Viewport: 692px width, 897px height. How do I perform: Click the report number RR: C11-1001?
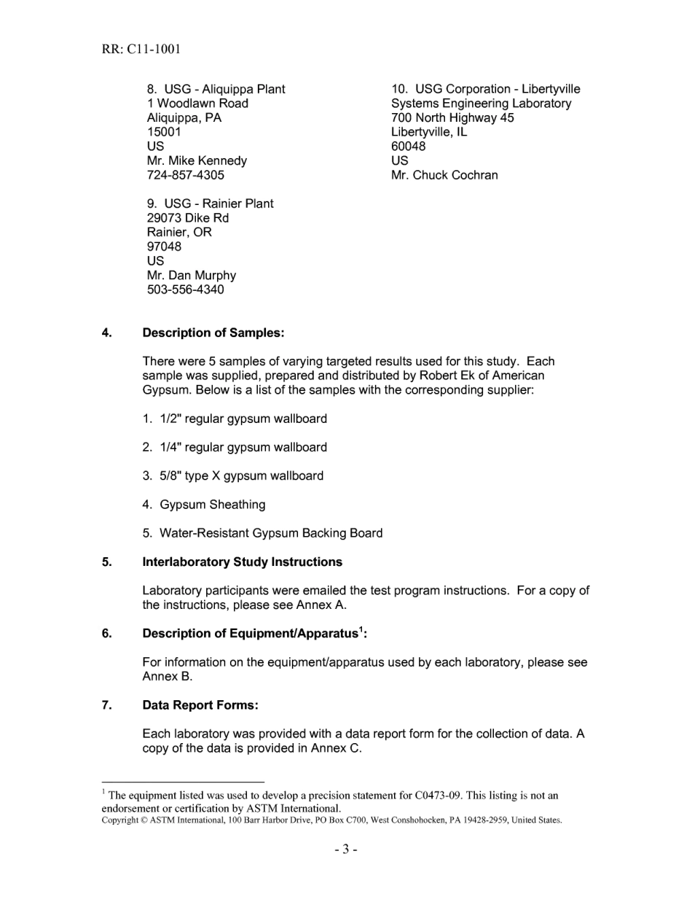coord(141,50)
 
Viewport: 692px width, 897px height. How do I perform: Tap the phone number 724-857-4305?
coord(186,175)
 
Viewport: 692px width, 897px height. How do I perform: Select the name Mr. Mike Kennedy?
coord(197,160)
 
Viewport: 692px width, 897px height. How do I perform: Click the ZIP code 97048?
coord(165,246)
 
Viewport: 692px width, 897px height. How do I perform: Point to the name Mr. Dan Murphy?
coord(192,275)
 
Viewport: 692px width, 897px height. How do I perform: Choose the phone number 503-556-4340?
coord(186,290)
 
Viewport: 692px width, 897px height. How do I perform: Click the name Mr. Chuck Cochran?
coord(444,175)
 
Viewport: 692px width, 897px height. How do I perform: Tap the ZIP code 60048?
coord(409,146)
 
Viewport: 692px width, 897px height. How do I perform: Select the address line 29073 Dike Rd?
coord(188,218)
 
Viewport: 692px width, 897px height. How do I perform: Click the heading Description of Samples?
coord(213,333)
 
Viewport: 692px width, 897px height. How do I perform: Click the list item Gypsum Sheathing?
coord(212,505)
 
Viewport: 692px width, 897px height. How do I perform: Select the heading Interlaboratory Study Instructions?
coord(243,562)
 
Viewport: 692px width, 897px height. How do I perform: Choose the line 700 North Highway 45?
coord(452,117)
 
